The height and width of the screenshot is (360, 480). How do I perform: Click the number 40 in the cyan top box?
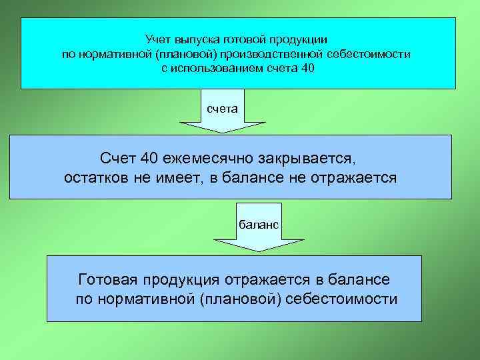307,68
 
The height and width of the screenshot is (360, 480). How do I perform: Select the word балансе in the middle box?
256,178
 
